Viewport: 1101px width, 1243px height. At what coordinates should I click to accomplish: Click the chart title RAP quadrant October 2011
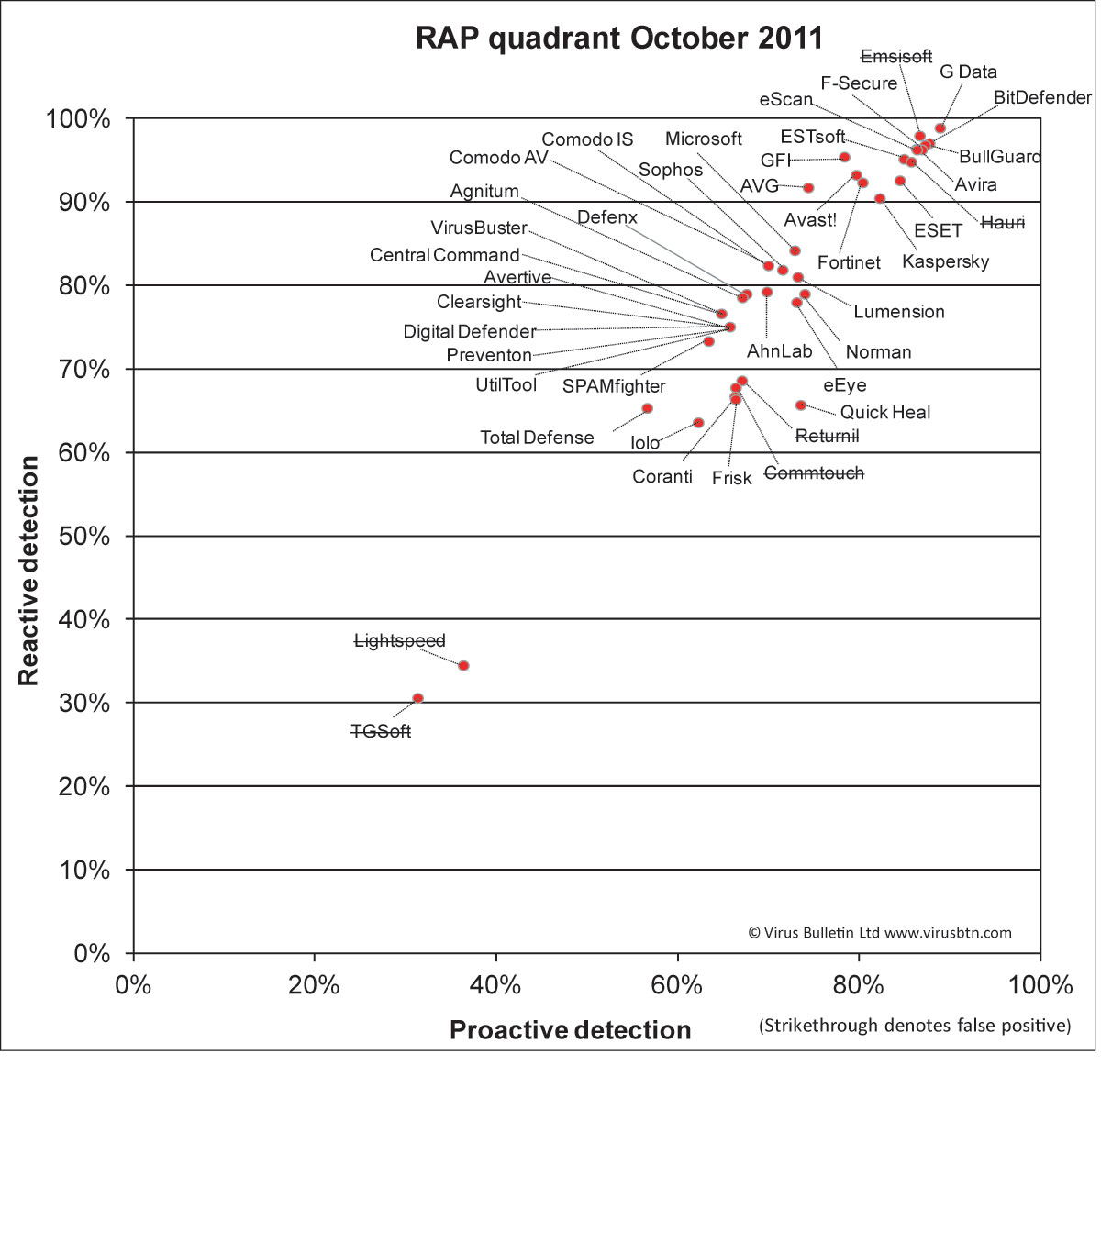pyautogui.click(x=618, y=38)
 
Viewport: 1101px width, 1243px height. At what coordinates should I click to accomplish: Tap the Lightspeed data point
pyautogui.click(x=463, y=666)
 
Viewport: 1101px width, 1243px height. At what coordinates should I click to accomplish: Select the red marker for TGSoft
pyautogui.click(x=418, y=698)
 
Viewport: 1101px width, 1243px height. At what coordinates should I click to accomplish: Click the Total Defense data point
pyautogui.click(x=647, y=408)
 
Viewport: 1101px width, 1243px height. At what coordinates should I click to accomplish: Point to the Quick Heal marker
pyautogui.click(x=801, y=405)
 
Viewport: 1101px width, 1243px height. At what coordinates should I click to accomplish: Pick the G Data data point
pyautogui.click(x=940, y=128)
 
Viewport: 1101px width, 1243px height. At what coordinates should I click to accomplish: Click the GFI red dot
pyautogui.click(x=844, y=158)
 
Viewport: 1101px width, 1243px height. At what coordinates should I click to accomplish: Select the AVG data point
pyautogui.click(x=808, y=188)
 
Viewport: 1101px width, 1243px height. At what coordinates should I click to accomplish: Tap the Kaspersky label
pyautogui.click(x=946, y=261)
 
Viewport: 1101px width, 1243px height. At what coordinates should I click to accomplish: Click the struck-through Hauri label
pyautogui.click(x=1003, y=222)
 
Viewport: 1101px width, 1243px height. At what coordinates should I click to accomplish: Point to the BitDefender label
pyautogui.click(x=1042, y=97)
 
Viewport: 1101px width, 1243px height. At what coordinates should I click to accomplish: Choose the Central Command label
pyautogui.click(x=444, y=255)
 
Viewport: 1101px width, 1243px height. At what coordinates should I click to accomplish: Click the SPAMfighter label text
pyautogui.click(x=614, y=386)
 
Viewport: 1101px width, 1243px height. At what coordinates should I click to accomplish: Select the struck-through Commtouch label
pyautogui.click(x=814, y=473)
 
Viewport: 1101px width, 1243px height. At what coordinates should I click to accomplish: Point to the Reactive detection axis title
pyautogui.click(x=28, y=571)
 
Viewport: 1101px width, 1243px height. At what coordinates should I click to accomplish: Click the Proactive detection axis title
pyautogui.click(x=570, y=1030)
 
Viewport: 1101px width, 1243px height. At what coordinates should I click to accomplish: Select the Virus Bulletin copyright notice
pyautogui.click(x=880, y=933)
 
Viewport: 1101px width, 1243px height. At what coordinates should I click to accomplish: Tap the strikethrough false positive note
pyautogui.click(x=915, y=1026)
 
